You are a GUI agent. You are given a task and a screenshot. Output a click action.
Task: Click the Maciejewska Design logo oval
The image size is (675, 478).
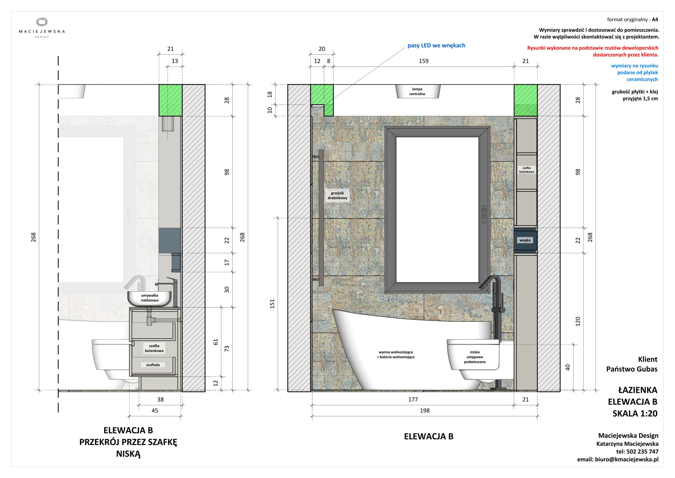[x=42, y=22]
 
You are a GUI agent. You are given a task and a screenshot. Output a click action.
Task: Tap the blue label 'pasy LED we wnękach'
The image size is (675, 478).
[x=436, y=45]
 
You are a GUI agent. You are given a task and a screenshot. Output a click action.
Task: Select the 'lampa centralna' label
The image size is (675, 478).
[x=417, y=91]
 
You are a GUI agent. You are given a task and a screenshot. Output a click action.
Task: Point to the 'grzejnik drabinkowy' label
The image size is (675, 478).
[x=337, y=195]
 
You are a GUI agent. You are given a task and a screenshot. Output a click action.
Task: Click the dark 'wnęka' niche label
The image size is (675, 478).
[x=525, y=240]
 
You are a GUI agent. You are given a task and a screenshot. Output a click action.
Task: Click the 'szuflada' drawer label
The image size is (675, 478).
[x=153, y=365]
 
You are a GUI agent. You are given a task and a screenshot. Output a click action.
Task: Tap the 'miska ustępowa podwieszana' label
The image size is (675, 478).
[x=475, y=357]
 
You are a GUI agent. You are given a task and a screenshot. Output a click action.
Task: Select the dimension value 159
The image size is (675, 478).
[x=424, y=61]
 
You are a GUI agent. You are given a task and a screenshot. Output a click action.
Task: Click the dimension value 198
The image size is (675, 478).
[x=425, y=410]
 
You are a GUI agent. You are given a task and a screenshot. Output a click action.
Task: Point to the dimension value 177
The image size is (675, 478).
[x=413, y=399]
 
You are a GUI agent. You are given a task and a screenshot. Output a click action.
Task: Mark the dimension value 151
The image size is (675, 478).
[x=272, y=304]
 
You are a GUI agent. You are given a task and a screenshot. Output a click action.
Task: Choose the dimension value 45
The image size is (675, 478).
[x=155, y=410]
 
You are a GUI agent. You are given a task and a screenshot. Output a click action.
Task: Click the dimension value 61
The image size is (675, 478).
[x=216, y=342]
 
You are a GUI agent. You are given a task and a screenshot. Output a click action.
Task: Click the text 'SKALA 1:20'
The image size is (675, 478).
[x=635, y=414]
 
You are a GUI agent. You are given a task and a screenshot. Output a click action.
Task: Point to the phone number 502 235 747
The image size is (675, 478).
[x=642, y=452]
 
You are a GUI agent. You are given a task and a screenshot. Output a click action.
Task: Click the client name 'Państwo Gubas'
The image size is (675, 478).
[x=632, y=369]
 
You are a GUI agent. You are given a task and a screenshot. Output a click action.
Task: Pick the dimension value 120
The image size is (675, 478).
[x=578, y=321]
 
